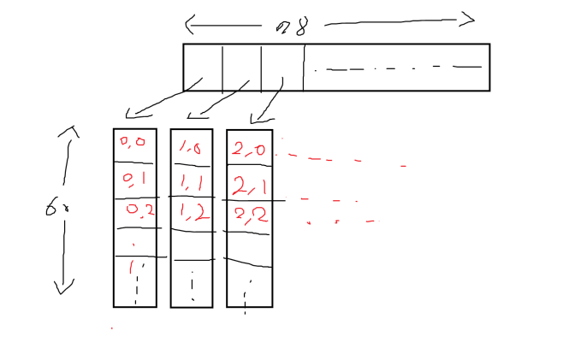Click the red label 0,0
click(133, 142)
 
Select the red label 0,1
click(133, 179)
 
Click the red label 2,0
click(248, 150)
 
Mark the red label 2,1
click(249, 186)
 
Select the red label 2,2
click(249, 214)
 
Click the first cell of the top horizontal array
click(203, 67)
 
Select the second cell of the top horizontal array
click(241, 67)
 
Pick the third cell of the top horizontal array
click(282, 67)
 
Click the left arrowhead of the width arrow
click(189, 23)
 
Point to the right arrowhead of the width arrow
click(469, 18)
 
